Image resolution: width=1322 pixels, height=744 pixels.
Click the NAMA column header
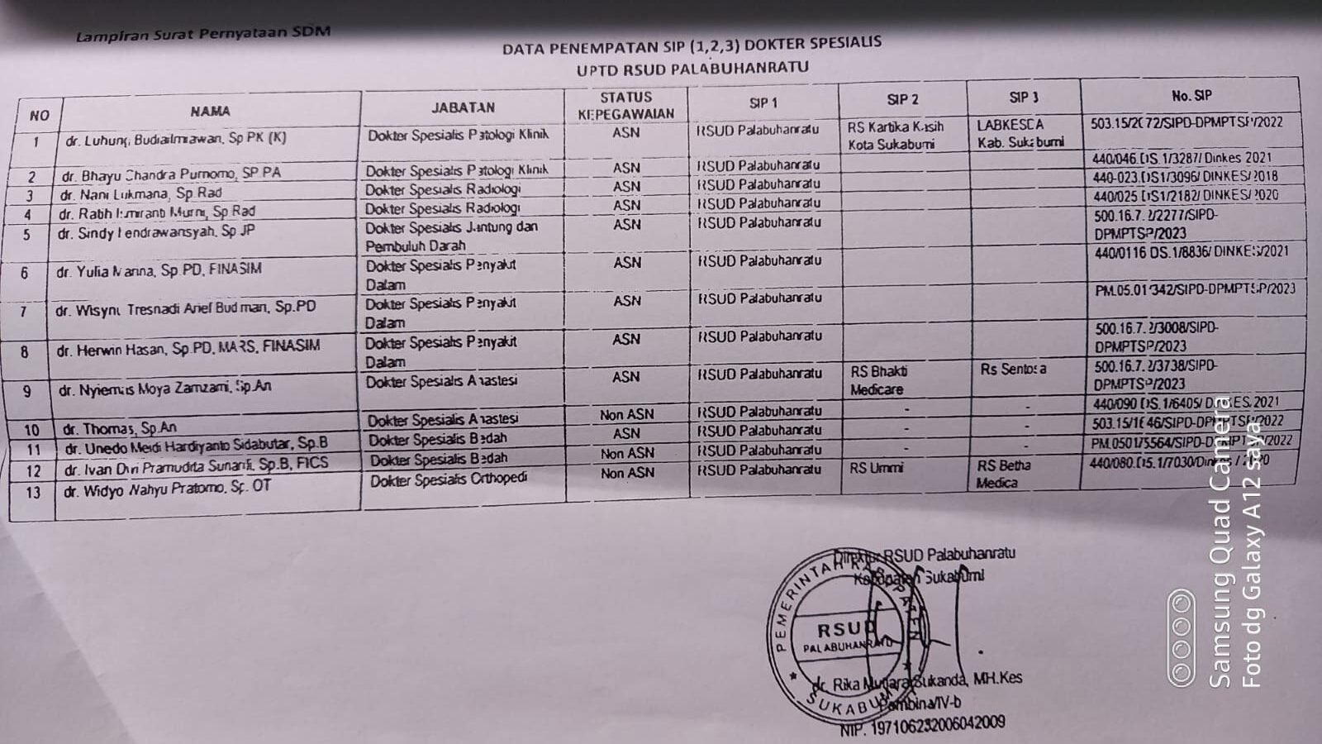click(x=210, y=111)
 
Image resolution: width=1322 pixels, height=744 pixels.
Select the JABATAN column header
click(x=463, y=107)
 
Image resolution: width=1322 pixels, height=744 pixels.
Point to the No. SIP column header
click(x=1191, y=95)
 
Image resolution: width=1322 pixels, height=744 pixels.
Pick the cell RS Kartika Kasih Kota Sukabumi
click(x=896, y=136)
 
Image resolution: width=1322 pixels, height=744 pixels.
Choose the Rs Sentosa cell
click(x=1013, y=370)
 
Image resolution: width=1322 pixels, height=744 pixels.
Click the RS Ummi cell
click(x=876, y=468)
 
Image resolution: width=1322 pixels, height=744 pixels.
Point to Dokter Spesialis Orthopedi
click(x=449, y=479)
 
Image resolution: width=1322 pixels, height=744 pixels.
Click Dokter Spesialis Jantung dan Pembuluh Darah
click(x=451, y=236)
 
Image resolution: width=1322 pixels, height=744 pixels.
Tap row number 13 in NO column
click(x=32, y=493)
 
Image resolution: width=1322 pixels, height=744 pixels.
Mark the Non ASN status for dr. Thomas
click(x=626, y=414)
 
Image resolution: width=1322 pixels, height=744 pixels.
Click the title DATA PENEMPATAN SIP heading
click(x=692, y=45)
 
